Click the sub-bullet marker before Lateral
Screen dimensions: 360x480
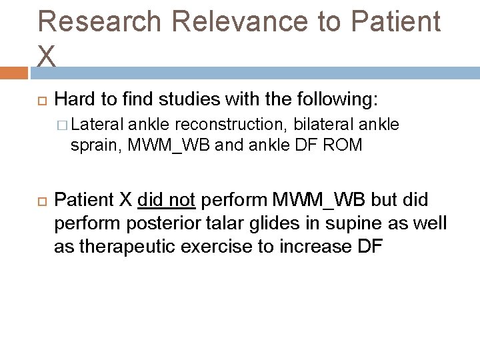click(x=63, y=124)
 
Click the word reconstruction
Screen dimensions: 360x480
click(x=219, y=124)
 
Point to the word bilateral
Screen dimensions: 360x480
click(x=323, y=124)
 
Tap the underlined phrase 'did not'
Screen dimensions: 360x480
click(x=165, y=199)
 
